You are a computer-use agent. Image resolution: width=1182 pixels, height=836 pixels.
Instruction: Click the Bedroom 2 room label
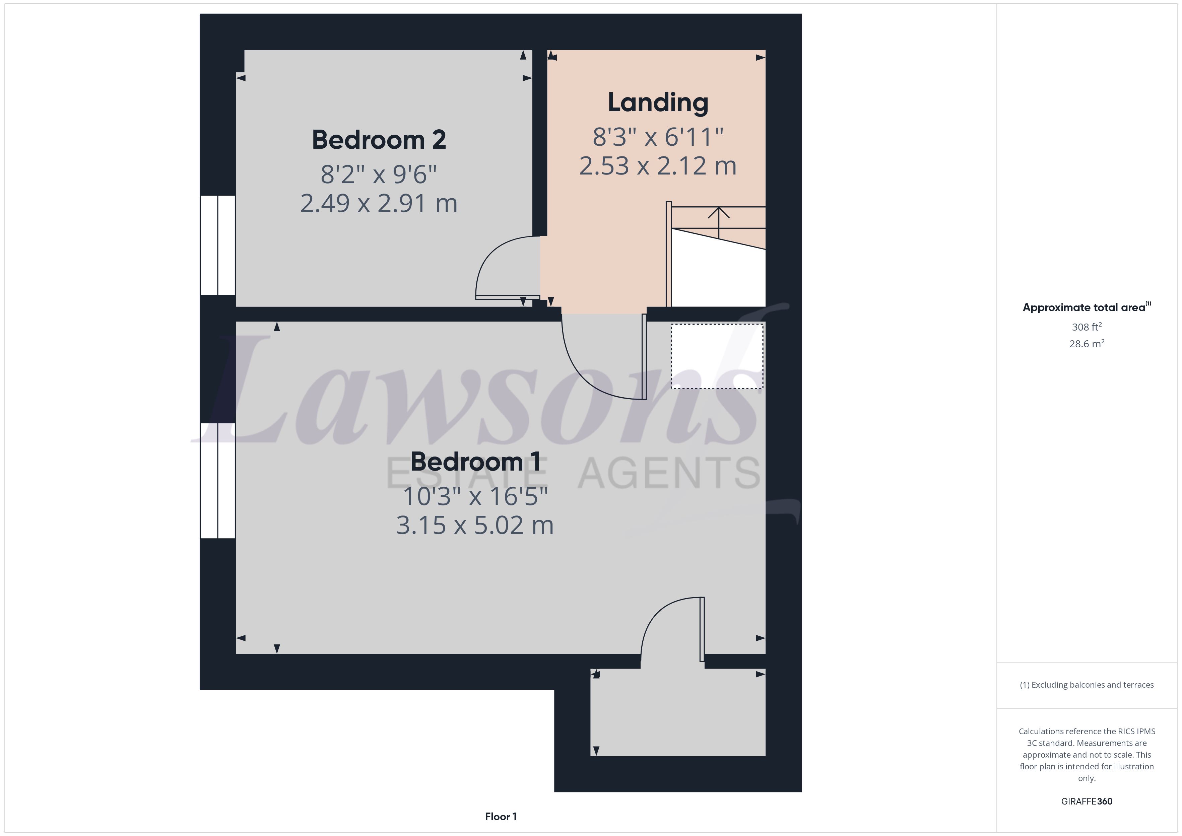click(379, 140)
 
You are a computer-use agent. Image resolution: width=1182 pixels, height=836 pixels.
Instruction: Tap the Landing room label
click(658, 102)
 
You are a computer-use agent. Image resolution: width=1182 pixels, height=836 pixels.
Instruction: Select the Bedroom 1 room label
click(475, 462)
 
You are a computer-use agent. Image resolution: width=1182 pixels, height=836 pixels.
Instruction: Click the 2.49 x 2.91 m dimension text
click(379, 203)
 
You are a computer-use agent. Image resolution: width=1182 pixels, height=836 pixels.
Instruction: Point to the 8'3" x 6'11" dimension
click(658, 137)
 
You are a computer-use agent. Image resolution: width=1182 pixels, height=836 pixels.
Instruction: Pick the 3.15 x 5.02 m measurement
click(475, 526)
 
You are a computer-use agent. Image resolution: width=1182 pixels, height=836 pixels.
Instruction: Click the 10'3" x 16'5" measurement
click(475, 496)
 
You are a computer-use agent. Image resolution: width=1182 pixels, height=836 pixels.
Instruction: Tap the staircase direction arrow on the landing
click(719, 222)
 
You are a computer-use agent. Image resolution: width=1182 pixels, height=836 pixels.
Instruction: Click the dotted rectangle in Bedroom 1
click(717, 356)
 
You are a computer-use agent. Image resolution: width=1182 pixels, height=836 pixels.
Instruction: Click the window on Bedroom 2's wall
click(218, 245)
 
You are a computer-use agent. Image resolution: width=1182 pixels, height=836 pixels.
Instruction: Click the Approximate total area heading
click(1086, 307)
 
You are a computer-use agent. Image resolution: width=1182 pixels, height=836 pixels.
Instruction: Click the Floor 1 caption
click(501, 817)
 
